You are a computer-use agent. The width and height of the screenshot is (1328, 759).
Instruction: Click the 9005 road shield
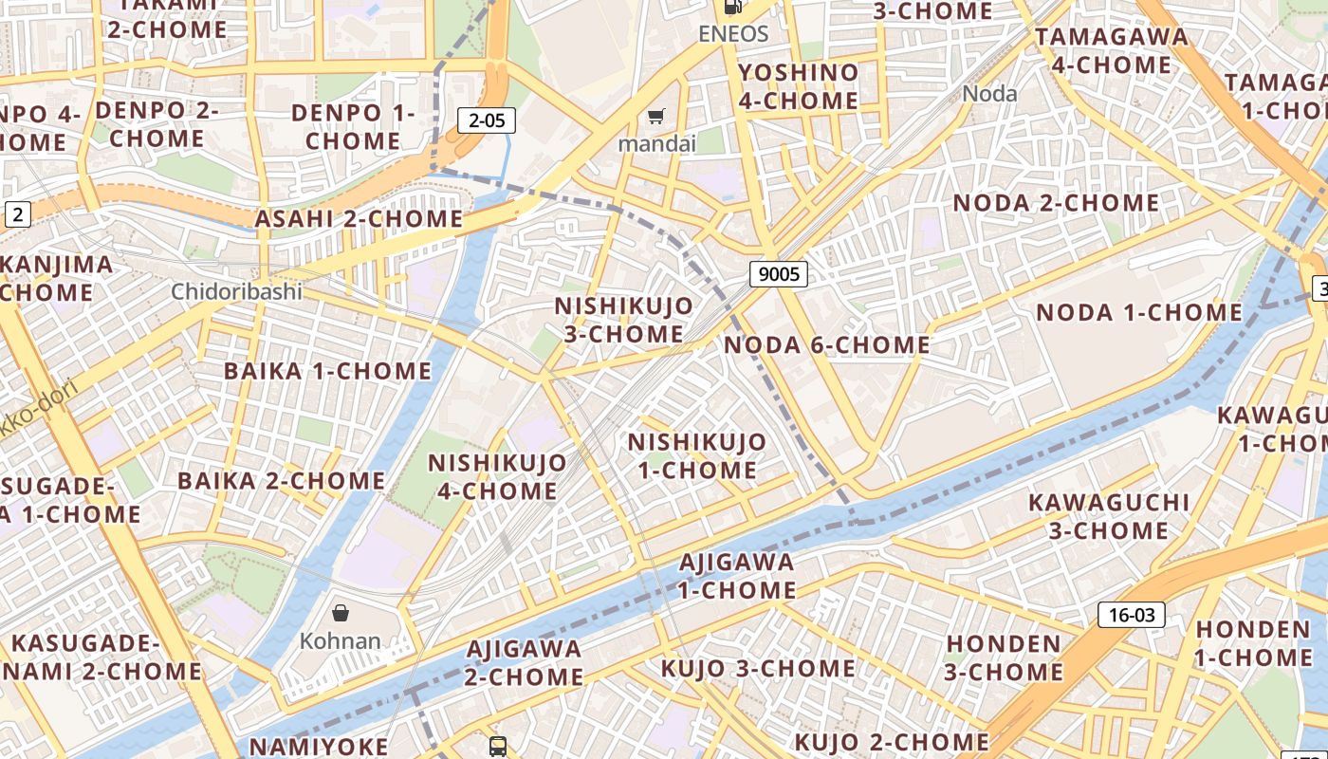(779, 275)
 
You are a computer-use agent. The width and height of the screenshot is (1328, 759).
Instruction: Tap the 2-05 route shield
(487, 120)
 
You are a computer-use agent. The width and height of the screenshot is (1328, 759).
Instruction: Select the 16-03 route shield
(1132, 615)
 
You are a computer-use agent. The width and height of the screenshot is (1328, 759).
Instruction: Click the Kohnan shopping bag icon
(341, 613)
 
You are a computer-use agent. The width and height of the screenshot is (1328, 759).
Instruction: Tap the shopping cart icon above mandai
(655, 117)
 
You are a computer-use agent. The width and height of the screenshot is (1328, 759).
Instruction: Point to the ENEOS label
(732, 34)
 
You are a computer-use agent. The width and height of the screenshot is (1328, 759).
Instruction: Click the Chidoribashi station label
(236, 291)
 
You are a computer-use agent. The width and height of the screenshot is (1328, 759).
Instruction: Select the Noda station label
(989, 93)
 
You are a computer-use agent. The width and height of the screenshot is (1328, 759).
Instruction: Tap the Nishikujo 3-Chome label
(623, 320)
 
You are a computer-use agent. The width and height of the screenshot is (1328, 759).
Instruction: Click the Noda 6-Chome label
(826, 345)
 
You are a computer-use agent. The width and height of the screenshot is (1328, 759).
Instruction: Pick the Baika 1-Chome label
(327, 371)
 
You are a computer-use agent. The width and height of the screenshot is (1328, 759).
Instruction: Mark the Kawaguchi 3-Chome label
(1108, 516)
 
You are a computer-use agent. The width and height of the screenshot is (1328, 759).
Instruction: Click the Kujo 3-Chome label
(758, 669)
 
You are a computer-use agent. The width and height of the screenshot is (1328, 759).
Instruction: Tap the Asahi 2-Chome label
(359, 219)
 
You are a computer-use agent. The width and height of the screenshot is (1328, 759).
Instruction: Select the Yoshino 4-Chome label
(798, 86)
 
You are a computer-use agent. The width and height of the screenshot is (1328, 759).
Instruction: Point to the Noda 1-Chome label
(1138, 313)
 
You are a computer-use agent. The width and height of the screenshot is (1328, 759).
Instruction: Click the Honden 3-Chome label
(1004, 657)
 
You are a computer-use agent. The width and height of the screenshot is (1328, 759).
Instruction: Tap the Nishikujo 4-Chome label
(497, 477)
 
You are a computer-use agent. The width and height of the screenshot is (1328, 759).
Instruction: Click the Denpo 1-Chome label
(353, 127)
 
